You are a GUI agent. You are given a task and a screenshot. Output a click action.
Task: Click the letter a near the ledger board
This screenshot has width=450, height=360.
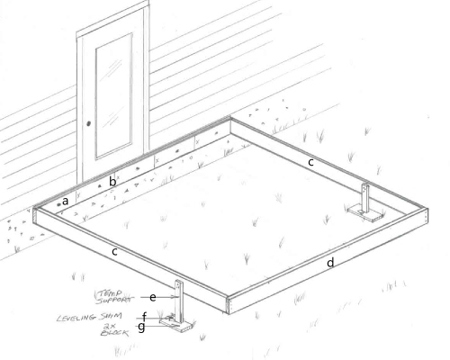[66, 201]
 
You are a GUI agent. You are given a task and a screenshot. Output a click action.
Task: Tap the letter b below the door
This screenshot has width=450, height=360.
[112, 182]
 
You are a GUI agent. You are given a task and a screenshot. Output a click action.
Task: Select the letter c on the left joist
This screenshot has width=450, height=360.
[115, 252]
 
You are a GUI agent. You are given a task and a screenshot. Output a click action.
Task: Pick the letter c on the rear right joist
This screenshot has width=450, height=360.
[310, 162]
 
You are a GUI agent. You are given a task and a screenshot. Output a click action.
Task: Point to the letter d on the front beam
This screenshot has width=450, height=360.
[330, 262]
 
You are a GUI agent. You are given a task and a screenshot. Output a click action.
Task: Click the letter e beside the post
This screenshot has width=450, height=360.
[154, 296]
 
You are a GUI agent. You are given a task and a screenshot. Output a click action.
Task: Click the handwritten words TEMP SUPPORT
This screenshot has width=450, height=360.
[114, 295]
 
